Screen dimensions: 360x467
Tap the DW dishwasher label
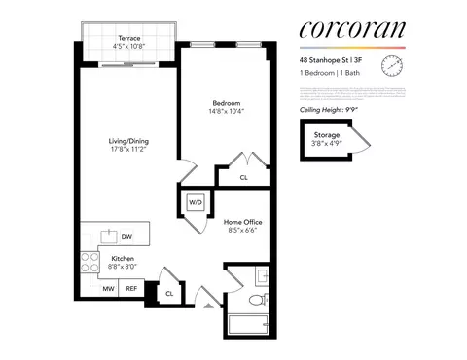pyautogui.click(x=126, y=236)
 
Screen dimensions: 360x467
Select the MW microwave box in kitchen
pyautogui.click(x=108, y=289)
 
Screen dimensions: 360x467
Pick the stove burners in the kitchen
pyautogui.click(x=90, y=262)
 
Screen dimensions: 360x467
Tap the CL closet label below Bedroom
pyautogui.click(x=243, y=178)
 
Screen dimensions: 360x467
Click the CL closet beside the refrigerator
pyautogui.click(x=169, y=292)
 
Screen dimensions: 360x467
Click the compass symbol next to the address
pyautogui.click(x=392, y=67)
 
